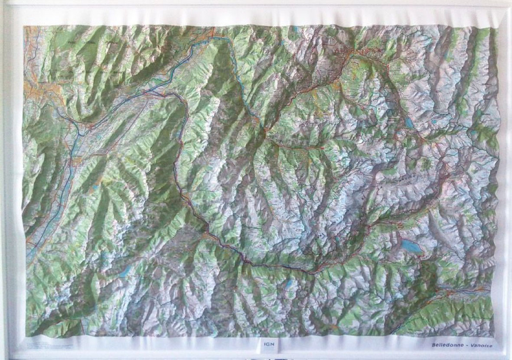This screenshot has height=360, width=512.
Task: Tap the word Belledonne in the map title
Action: (447, 345)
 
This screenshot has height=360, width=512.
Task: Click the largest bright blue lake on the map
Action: (411, 246)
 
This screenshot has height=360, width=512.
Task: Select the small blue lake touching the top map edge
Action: (295, 30)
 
